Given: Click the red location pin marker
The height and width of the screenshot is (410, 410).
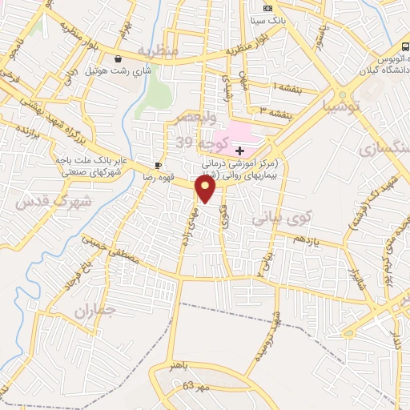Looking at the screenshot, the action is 206,188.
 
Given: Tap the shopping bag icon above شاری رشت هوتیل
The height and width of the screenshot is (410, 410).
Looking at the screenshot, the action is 119,58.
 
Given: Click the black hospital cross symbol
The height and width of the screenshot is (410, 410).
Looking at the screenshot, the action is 239,151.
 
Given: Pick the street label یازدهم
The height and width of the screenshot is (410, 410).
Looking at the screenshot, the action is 304,239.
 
